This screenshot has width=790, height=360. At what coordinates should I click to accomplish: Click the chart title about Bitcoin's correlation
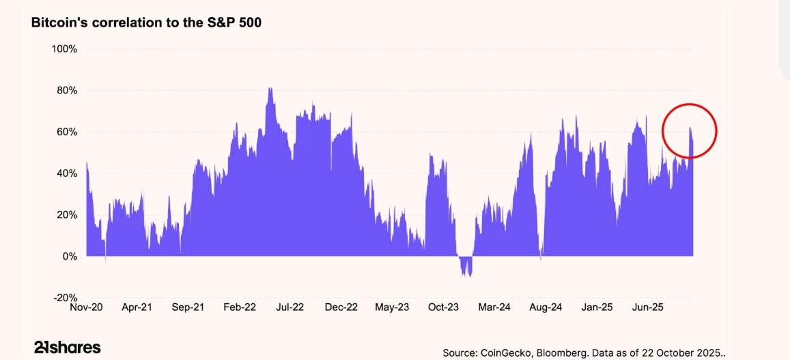(146, 23)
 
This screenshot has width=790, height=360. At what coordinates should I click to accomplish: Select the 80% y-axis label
(66, 90)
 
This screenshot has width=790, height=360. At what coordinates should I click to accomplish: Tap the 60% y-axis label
(66, 132)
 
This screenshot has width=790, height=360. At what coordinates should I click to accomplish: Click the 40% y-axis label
(66, 174)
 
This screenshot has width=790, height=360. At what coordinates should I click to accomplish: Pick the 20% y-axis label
(66, 214)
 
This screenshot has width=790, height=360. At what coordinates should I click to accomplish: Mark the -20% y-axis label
(65, 298)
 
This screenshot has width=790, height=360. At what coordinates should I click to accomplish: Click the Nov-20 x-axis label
(87, 307)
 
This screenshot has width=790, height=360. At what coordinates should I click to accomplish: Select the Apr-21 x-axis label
(137, 307)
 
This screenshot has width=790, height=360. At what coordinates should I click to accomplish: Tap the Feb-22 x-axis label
(240, 307)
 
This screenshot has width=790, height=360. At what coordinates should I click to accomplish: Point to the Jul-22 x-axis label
(290, 307)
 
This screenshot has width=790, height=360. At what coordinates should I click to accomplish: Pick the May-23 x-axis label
(392, 307)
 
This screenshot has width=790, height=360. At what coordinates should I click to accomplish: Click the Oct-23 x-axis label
(443, 307)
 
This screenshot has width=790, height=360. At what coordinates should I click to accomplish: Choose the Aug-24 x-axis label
(546, 307)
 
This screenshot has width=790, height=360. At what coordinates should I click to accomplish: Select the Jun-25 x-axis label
(648, 307)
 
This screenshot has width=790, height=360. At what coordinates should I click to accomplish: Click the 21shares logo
(67, 347)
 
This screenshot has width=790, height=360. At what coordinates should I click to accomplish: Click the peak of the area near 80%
(270, 89)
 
